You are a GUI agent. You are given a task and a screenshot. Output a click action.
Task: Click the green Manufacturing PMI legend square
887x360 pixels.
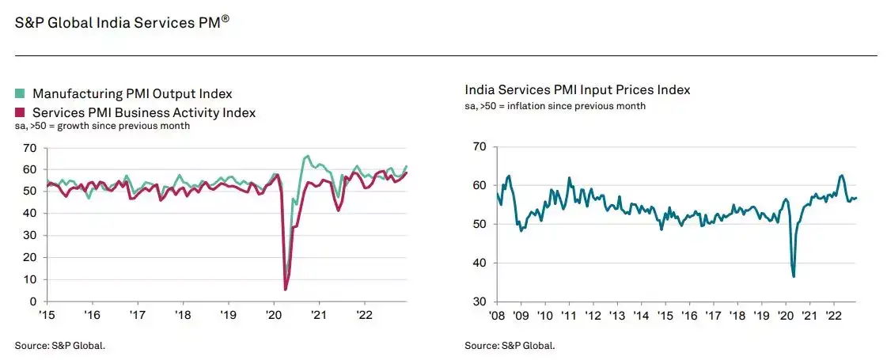click(x=21, y=94)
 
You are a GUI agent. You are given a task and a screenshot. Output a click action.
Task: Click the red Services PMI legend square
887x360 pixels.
click(x=21, y=112)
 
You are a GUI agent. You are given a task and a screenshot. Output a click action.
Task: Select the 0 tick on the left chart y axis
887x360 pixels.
click(x=32, y=301)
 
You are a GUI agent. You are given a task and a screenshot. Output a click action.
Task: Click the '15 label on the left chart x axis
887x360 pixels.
click(x=47, y=314)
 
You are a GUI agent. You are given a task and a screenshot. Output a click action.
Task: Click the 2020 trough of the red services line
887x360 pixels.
click(x=285, y=290)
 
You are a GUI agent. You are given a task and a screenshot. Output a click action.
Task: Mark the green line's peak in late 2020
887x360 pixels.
click(x=307, y=157)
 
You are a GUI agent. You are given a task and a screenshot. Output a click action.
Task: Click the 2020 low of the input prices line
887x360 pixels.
click(x=794, y=276)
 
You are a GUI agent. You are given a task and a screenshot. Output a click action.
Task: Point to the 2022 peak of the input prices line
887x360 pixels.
click(x=841, y=175)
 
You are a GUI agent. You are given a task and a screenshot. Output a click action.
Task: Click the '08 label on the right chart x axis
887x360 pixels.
click(x=496, y=315)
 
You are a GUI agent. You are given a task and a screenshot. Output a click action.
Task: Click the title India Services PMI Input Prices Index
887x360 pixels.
click(x=577, y=90)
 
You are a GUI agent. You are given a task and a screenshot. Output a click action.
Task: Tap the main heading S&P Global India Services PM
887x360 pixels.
click(x=122, y=23)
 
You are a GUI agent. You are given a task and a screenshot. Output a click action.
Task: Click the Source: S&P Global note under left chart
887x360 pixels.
click(x=59, y=345)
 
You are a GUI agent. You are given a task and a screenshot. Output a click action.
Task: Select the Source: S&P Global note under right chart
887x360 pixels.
click(x=510, y=345)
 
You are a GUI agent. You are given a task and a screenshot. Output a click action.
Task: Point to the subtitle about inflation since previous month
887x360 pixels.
click(x=555, y=106)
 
